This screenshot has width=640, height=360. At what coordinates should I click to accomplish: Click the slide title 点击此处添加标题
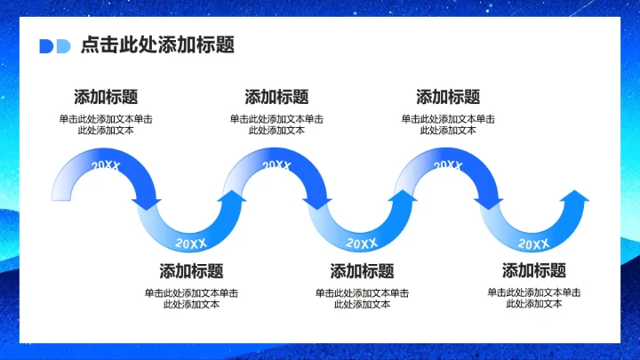pyautogui.click(x=156, y=45)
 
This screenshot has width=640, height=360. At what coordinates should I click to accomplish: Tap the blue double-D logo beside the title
pyautogui.click(x=54, y=46)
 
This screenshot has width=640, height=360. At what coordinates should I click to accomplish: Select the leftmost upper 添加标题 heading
pyautogui.click(x=106, y=97)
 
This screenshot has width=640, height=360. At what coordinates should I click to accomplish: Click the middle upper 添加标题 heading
pyautogui.click(x=276, y=97)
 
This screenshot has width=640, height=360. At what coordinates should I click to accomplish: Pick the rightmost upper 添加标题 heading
pyautogui.click(x=448, y=97)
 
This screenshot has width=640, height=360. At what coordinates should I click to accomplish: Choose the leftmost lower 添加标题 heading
pyautogui.click(x=191, y=271)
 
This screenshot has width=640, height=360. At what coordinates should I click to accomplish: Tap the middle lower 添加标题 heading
pyautogui.click(x=362, y=271)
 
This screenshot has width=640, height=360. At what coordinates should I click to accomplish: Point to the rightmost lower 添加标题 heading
pyautogui.click(x=533, y=271)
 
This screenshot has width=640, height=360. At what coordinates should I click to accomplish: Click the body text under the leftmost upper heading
pyautogui.click(x=106, y=124)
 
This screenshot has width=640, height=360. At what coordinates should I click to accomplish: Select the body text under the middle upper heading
pyautogui.click(x=276, y=124)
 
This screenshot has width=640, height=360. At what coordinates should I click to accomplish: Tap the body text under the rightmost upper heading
pyautogui.click(x=448, y=124)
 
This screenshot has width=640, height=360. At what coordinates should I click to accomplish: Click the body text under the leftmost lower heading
pyautogui.click(x=191, y=298)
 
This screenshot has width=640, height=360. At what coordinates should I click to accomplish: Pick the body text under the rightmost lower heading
pyautogui.click(x=533, y=298)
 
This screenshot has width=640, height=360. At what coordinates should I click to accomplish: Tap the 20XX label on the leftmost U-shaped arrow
pyautogui.click(x=191, y=243)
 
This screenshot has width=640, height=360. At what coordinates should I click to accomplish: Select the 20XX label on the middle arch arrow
pyautogui.click(x=276, y=166)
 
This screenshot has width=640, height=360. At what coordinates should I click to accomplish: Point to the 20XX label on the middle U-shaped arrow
pyautogui.click(x=362, y=243)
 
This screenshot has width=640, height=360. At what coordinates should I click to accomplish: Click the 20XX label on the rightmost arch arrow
pyautogui.click(x=448, y=166)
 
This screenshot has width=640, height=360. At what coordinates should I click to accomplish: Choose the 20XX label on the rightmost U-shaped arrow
pyautogui.click(x=533, y=244)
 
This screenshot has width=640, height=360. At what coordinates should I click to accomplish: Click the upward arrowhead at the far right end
pyautogui.click(x=575, y=197)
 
